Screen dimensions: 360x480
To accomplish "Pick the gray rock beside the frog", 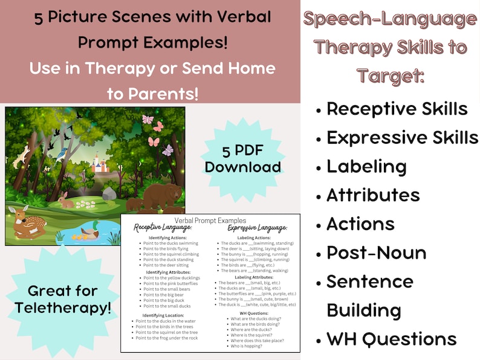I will pyautogui.click(x=109, y=193).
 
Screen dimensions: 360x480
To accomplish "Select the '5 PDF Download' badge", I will pyautogui.click(x=242, y=158).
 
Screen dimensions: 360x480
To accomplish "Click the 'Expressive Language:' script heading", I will pyautogui.click(x=257, y=229).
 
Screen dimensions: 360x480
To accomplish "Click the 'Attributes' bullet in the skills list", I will pyautogui.click(x=373, y=195).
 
